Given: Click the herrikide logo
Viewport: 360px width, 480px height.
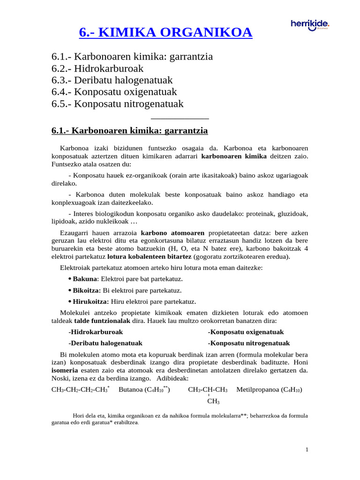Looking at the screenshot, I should point(310,25).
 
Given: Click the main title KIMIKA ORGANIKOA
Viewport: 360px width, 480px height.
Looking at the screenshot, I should point(165,32).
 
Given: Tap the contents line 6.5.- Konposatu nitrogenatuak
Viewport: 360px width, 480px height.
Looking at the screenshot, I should point(117,104).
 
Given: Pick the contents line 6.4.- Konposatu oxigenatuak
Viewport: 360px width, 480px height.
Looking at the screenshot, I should point(114,92).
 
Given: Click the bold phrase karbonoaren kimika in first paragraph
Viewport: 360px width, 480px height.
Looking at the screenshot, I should point(234,156).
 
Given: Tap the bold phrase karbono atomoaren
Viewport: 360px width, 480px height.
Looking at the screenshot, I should point(172,232).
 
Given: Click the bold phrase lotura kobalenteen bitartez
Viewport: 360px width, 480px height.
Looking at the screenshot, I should point(149,256).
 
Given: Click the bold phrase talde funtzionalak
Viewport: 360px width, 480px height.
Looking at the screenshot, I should point(102,321).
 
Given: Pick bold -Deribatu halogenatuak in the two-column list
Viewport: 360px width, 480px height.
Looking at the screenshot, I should point(105,343).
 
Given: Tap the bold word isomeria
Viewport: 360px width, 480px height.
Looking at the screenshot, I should point(64,370).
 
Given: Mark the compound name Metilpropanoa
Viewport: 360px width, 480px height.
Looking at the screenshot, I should point(259,390).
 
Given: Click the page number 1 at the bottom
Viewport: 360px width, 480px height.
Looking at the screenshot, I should point(307,450).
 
